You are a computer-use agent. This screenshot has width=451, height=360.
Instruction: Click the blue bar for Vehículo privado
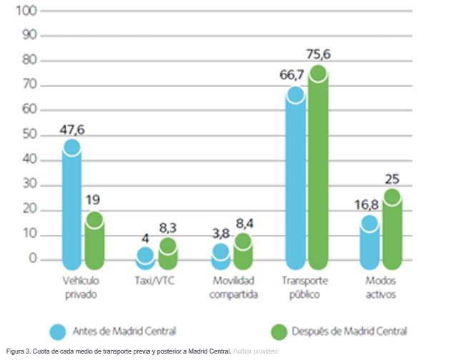(71, 204)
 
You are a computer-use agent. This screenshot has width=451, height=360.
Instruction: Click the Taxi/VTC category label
(155, 281)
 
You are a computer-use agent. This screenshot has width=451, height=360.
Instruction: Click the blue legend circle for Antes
(58, 331)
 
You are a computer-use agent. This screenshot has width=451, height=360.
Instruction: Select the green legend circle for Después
(278, 331)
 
